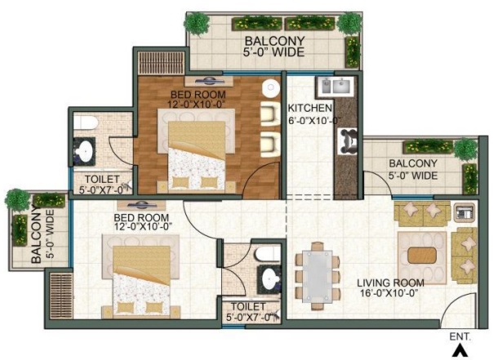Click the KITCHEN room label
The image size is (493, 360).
point(310,108)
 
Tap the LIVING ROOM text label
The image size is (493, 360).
point(390,283)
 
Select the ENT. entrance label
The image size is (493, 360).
point(460,336)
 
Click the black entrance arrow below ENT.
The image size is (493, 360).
point(460,351)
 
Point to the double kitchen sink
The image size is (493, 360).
point(335,86)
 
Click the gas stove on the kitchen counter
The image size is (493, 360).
point(348,141)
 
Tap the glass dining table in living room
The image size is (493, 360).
point(318,277)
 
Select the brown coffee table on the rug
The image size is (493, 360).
point(422,256)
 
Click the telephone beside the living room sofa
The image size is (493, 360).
point(464,212)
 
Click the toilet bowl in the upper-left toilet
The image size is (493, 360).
point(85,122)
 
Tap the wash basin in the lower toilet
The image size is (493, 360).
point(270,278)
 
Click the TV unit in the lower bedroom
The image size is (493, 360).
point(141,206)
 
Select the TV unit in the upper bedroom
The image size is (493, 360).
point(209,81)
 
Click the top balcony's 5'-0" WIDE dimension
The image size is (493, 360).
point(274,52)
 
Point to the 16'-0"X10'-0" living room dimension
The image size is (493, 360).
point(390,293)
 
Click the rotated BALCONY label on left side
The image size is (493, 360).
point(36,234)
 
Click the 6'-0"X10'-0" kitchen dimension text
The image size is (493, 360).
point(315,121)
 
